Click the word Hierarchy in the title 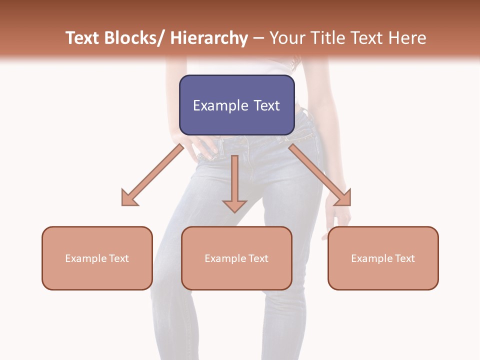pyautogui.click(x=209, y=38)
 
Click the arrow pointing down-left pyautogui.click(x=152, y=175)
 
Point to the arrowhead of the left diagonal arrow pyautogui.click(x=129, y=198)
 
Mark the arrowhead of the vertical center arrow pyautogui.click(x=234, y=205)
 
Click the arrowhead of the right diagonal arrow pyautogui.click(x=343, y=198)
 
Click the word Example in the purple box pyautogui.click(x=218, y=106)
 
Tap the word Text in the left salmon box pyautogui.click(x=119, y=258)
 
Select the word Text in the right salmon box pyautogui.click(x=405, y=258)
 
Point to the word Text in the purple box pyautogui.click(x=265, y=106)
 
